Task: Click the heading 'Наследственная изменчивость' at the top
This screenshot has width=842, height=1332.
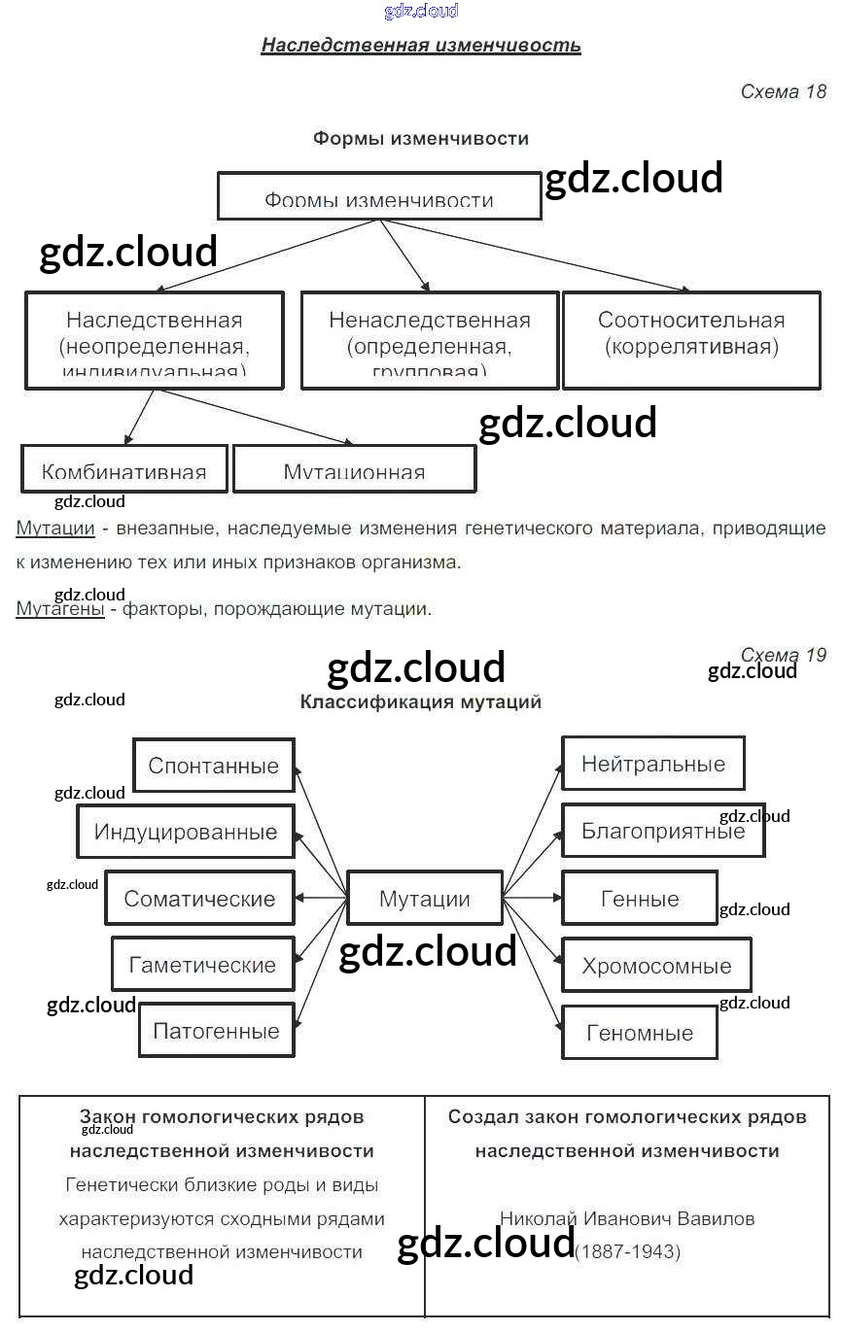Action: coord(421,45)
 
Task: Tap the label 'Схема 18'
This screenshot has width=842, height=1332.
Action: coord(783,91)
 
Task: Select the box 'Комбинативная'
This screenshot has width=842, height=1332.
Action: coord(124,470)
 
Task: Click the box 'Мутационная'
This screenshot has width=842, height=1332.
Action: coord(354,470)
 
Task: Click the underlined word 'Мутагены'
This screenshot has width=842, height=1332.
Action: coord(60,609)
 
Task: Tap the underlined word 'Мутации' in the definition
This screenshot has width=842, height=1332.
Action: coord(55,529)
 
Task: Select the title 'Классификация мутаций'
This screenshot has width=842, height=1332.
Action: coord(421,701)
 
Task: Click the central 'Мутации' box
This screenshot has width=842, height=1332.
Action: coord(424,899)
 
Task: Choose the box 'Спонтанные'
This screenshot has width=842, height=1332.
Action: coord(213,766)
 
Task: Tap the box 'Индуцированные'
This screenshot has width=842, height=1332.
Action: coord(185,832)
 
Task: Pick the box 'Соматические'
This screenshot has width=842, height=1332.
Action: coord(199,899)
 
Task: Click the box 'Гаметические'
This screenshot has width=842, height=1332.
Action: coord(202,965)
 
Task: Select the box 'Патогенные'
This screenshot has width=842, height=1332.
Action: coord(216,1031)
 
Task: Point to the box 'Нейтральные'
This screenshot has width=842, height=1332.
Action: coord(652,764)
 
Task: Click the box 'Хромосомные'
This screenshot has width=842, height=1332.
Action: coord(656,966)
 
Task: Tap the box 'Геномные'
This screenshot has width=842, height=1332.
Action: coord(640,1033)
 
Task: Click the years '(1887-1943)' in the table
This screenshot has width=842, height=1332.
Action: coord(628,1252)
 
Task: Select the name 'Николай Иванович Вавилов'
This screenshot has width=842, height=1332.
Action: coord(627,1218)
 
